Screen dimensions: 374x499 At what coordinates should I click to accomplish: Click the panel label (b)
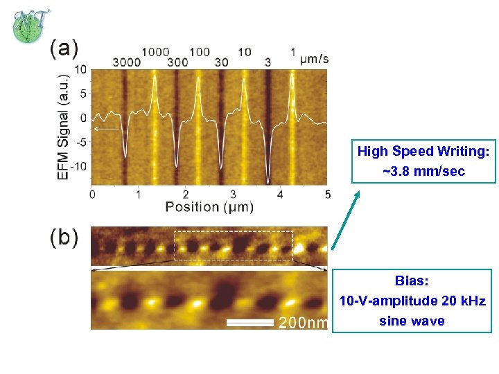click(64, 238)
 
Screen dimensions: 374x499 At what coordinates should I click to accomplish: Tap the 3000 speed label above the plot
click(126, 62)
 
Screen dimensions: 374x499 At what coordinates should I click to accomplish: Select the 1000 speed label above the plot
click(155, 52)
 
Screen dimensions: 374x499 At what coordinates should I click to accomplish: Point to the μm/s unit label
click(314, 58)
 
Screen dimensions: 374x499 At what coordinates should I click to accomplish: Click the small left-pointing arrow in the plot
click(106, 129)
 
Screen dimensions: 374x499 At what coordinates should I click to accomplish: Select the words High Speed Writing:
click(423, 151)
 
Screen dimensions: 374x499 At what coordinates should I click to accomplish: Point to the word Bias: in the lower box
click(412, 280)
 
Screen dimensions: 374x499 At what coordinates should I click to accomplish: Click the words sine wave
click(412, 321)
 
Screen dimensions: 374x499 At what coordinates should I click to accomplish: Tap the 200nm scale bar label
click(303, 322)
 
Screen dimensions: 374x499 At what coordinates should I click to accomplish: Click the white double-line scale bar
click(250, 323)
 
